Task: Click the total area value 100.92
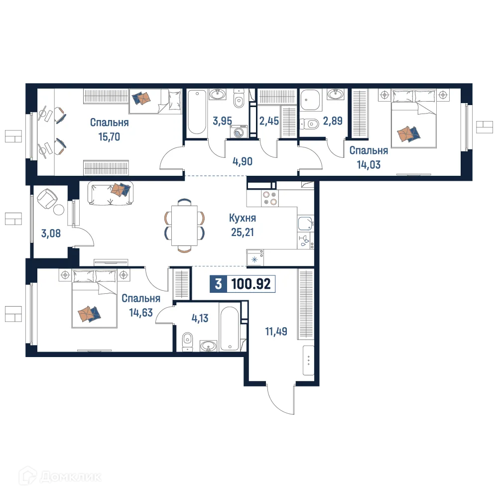point(251,284)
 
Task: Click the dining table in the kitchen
point(184,226)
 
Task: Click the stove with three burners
point(269,198)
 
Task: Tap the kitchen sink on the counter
point(305,224)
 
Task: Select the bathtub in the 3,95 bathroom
point(196,113)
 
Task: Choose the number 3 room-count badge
point(218,284)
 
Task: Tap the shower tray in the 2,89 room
point(312,101)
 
